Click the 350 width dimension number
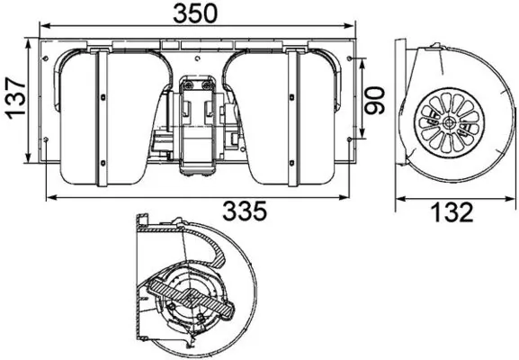pyautogui.click(x=197, y=15)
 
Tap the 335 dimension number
pyautogui.click(x=246, y=211)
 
